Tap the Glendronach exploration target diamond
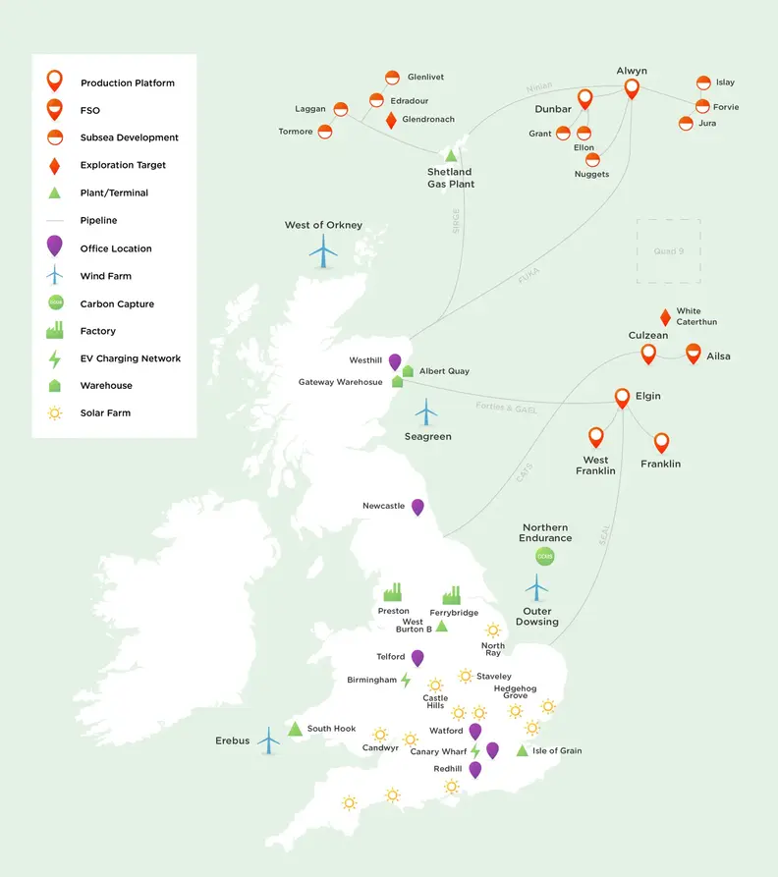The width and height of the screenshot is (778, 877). pos(391,120)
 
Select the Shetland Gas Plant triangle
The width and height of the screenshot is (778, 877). pos(451,155)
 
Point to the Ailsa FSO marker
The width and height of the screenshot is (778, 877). pos(693,354)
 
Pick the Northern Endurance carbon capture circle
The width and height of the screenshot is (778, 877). pos(545,557)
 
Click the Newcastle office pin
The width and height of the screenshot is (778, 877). pos(417,507)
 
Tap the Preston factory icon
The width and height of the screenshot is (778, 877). pos(393,592)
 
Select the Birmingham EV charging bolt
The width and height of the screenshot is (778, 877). pos(406,680)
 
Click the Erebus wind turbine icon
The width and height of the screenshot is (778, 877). pos(268,740)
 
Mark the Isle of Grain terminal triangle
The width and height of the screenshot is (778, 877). pos(523,751)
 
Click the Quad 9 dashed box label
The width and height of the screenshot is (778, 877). pos(667,251)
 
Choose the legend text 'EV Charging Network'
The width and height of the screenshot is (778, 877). pos(131,358)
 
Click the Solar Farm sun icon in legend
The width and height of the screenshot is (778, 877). pos(55,413)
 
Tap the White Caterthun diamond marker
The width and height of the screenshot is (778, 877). pos(665,317)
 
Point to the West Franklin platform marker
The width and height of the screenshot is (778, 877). pos(595,437)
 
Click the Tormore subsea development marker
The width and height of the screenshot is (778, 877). pos(325,132)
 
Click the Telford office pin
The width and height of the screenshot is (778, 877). pos(417,658)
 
